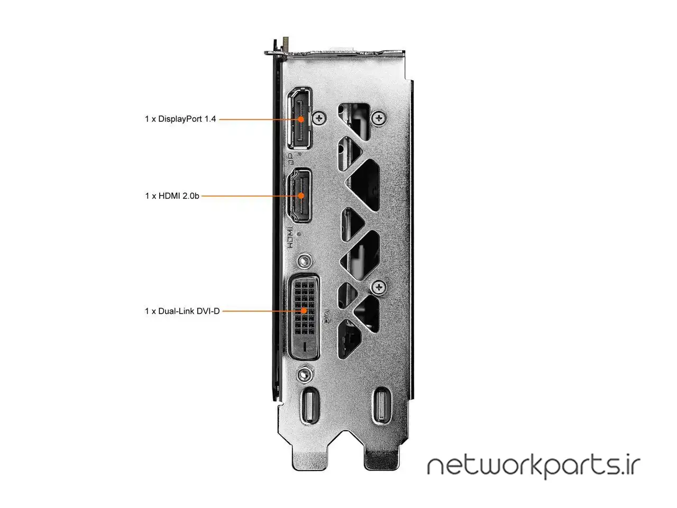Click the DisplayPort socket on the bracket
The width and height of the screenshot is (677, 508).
click(x=299, y=119)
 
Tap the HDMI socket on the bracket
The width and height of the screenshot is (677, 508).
click(x=299, y=195)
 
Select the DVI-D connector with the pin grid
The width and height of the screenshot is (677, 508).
click(x=304, y=317)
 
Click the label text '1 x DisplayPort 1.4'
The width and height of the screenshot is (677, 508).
click(x=180, y=119)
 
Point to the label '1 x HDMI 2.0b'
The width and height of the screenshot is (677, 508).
click(x=172, y=196)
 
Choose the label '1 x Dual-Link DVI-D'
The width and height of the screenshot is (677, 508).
click(x=182, y=311)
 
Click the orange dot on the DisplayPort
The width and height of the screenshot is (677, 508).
click(x=301, y=120)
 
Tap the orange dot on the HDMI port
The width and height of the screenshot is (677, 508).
click(x=301, y=196)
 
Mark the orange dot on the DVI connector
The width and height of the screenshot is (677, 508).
click(x=304, y=311)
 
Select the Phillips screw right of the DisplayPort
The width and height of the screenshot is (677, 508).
click(x=319, y=118)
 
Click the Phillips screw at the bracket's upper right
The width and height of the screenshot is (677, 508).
click(x=379, y=118)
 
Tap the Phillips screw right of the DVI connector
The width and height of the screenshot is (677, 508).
click(x=379, y=287)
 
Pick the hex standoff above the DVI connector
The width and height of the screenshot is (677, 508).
click(x=304, y=261)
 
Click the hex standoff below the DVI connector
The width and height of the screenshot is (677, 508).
click(x=304, y=375)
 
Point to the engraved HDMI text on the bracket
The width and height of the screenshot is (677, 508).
click(x=290, y=238)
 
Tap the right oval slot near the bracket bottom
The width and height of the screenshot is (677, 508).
click(x=381, y=405)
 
